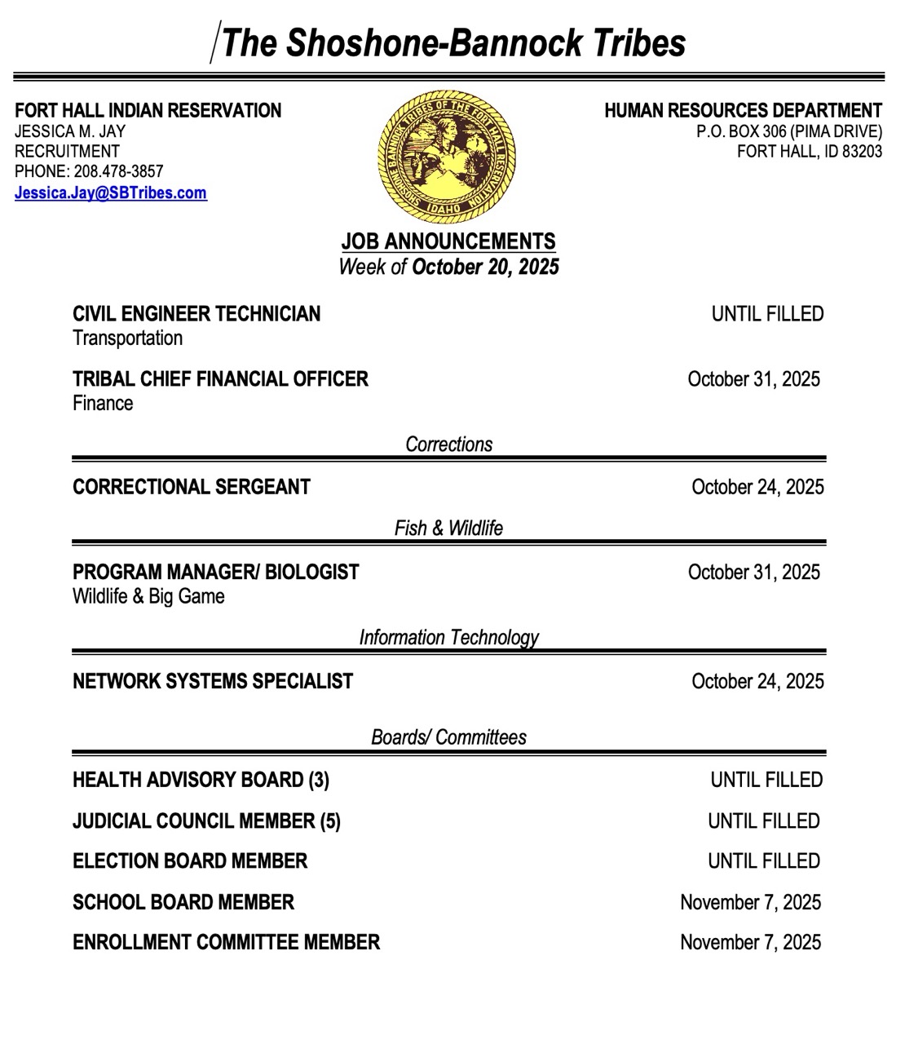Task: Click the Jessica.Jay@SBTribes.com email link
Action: [x=111, y=193]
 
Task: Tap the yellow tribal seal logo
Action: [x=447, y=155]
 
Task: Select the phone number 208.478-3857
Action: [x=118, y=172]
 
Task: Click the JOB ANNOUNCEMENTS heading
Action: [x=448, y=241]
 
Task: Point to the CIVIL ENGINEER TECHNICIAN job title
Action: [x=196, y=314]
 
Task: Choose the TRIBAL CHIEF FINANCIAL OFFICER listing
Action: [x=220, y=379]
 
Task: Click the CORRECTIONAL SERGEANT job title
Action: [x=192, y=487]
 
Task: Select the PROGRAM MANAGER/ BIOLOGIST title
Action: [x=215, y=572]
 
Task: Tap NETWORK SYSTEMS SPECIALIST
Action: [x=213, y=681]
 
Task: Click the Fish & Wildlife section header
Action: [x=448, y=529]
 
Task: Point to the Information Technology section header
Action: [x=448, y=637]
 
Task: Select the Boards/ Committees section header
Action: [x=448, y=737]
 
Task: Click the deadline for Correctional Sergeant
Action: [x=757, y=487]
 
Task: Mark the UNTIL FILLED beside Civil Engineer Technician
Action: [x=767, y=314]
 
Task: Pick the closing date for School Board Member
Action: [x=750, y=902]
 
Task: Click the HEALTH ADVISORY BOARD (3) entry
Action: [x=201, y=781]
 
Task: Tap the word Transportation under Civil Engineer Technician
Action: [x=127, y=338]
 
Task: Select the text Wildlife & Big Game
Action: [x=148, y=596]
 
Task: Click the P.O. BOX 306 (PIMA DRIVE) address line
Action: [x=788, y=131]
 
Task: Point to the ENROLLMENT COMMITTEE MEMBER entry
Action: [x=226, y=942]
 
